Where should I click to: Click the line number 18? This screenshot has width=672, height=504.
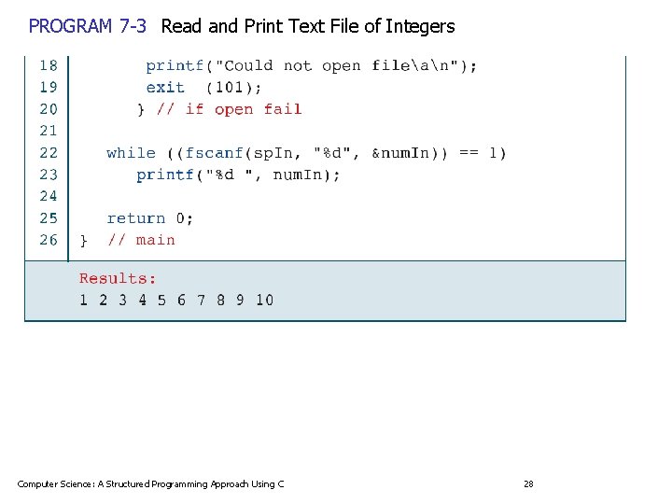[49, 65]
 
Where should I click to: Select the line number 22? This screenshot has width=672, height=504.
[49, 152]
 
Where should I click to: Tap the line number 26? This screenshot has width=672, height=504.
[49, 240]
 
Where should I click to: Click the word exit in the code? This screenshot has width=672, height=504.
[165, 87]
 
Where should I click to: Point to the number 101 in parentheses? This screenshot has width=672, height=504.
[232, 87]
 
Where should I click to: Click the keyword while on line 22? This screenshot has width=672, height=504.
[131, 152]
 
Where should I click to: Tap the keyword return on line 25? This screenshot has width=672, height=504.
[135, 218]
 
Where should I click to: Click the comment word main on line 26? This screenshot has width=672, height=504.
[155, 240]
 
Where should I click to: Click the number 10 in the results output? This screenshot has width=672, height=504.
[264, 300]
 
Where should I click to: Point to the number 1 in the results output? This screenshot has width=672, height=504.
[83, 300]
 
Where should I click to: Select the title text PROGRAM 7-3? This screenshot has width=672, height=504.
[88, 26]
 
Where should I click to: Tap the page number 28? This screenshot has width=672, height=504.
[528, 483]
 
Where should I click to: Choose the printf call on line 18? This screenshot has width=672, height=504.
[175, 65]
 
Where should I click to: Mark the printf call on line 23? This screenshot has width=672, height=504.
[165, 175]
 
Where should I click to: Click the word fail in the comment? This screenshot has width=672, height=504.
[283, 109]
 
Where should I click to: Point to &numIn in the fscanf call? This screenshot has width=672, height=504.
[401, 152]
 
